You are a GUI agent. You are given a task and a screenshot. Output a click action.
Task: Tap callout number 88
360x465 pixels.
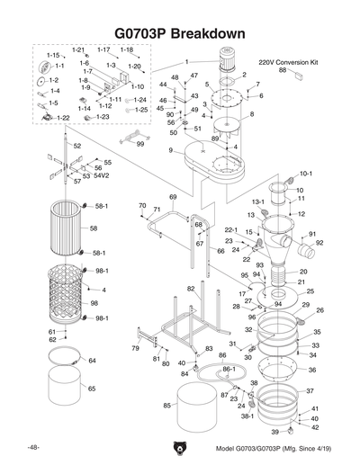point(283,70)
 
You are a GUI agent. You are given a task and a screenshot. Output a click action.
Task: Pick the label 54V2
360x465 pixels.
point(102,176)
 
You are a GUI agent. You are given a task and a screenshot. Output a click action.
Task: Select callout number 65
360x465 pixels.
point(92,389)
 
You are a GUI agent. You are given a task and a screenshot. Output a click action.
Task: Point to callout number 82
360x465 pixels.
point(191,289)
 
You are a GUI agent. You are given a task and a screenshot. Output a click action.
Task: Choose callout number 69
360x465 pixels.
point(173,196)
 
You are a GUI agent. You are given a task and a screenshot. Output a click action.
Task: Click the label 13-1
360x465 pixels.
point(256,201)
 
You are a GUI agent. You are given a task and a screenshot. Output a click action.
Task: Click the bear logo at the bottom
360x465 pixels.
point(179,448)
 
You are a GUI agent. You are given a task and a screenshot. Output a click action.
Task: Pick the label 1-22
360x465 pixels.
point(63,118)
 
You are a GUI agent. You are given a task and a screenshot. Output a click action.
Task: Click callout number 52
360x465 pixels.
point(77,146)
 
